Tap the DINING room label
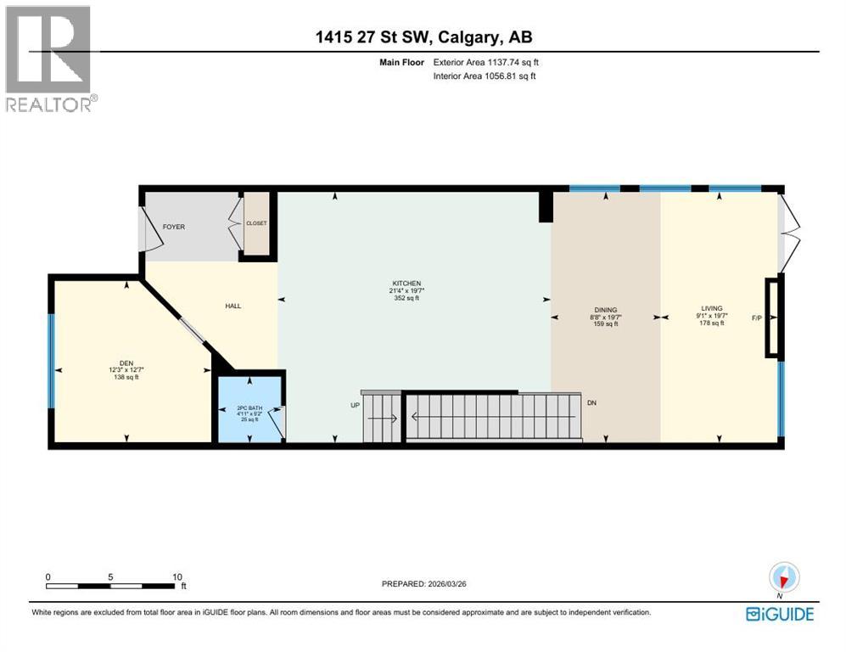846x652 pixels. (605, 310)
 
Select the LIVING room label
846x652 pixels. (712, 309)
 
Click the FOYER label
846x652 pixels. (173, 227)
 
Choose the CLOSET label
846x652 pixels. (256, 223)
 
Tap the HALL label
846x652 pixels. (233, 306)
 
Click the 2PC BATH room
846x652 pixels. (250, 409)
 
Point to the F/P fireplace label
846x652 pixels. (756, 318)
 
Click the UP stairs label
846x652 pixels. (356, 405)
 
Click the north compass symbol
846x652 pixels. (784, 578)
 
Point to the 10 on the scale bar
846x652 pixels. (177, 576)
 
